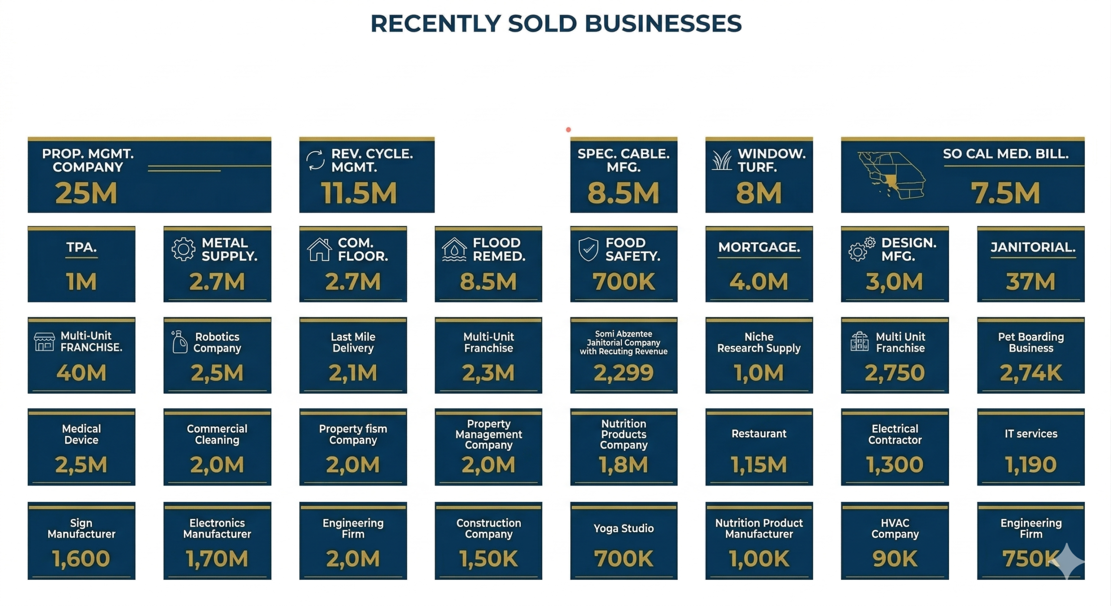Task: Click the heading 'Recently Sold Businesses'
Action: (x=556, y=23)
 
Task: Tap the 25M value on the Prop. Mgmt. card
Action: (x=86, y=193)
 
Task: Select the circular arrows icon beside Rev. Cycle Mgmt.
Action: (x=315, y=160)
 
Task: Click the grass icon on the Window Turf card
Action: (x=722, y=160)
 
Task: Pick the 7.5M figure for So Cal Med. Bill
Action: (x=1005, y=193)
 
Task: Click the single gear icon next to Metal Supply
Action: (x=183, y=249)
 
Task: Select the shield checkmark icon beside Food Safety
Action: (x=588, y=249)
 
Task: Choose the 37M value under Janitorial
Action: (x=1030, y=282)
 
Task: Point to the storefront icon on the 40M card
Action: (x=44, y=342)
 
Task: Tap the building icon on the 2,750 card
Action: (x=859, y=341)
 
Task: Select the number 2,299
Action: (x=623, y=373)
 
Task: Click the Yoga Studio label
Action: (x=623, y=528)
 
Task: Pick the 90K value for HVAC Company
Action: (x=894, y=559)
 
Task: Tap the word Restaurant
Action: (x=759, y=434)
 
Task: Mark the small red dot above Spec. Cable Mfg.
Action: (x=568, y=130)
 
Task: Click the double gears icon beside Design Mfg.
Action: (x=861, y=249)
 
